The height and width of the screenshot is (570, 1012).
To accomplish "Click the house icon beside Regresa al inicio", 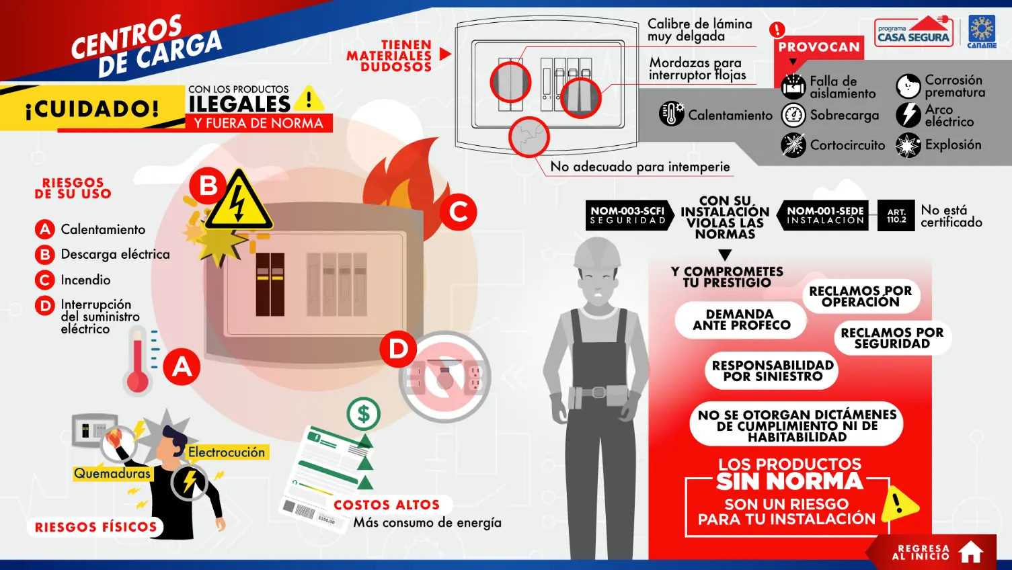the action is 971,552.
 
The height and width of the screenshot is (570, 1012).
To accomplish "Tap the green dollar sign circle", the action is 364,414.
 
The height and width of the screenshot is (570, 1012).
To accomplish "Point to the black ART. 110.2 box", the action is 896,216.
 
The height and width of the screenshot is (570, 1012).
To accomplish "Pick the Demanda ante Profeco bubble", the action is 741,320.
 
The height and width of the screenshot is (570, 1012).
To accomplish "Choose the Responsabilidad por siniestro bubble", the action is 772,371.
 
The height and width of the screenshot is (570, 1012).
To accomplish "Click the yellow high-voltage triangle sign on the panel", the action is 239,200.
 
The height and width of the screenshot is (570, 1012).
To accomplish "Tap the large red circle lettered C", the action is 459,212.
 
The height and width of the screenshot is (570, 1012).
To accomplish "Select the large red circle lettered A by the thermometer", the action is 182,367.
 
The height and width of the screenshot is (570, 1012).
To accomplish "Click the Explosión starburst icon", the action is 908,145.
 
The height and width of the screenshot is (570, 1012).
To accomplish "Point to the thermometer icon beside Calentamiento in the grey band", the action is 671,114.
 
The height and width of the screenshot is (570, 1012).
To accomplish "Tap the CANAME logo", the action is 982,32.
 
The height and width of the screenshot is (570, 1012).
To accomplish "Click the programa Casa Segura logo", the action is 914,31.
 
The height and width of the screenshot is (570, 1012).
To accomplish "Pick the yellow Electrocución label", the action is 227,452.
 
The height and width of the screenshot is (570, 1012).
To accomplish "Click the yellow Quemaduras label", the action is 112,473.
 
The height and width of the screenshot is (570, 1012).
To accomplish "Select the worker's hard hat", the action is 597,253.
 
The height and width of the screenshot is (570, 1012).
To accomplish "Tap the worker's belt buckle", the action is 598,392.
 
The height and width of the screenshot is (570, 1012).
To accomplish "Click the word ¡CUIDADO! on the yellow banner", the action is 92,109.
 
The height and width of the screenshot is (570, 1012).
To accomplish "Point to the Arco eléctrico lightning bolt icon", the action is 908,115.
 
